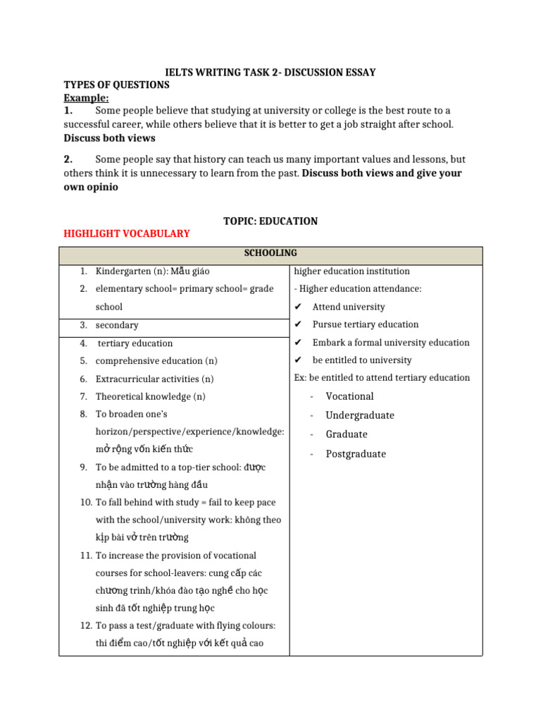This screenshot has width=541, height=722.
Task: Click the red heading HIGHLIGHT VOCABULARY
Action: pyautogui.click(x=127, y=233)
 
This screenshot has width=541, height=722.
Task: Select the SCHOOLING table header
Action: pyautogui.click(x=270, y=253)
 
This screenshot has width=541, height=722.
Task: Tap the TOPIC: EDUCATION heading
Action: pyautogui.click(x=270, y=221)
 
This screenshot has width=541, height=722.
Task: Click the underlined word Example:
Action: pyautogui.click(x=86, y=98)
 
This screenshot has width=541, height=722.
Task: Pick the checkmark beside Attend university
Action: pyautogui.click(x=298, y=307)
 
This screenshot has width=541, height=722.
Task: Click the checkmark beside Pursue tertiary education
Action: pyautogui.click(x=298, y=324)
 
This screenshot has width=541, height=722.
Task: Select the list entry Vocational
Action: pyautogui.click(x=349, y=396)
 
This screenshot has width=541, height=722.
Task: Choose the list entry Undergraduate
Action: pyautogui.click(x=359, y=415)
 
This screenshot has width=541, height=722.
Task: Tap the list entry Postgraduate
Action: pyautogui.click(x=356, y=454)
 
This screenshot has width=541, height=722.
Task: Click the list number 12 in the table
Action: pyautogui.click(x=85, y=625)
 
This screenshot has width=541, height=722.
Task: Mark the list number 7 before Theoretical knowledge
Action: pyautogui.click(x=83, y=396)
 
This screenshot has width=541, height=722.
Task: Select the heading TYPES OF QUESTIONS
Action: pyautogui.click(x=117, y=85)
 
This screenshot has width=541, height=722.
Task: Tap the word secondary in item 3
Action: pyautogui.click(x=117, y=325)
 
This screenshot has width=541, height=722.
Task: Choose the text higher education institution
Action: pyautogui.click(x=352, y=271)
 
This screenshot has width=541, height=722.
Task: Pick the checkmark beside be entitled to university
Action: pyautogui.click(x=298, y=360)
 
